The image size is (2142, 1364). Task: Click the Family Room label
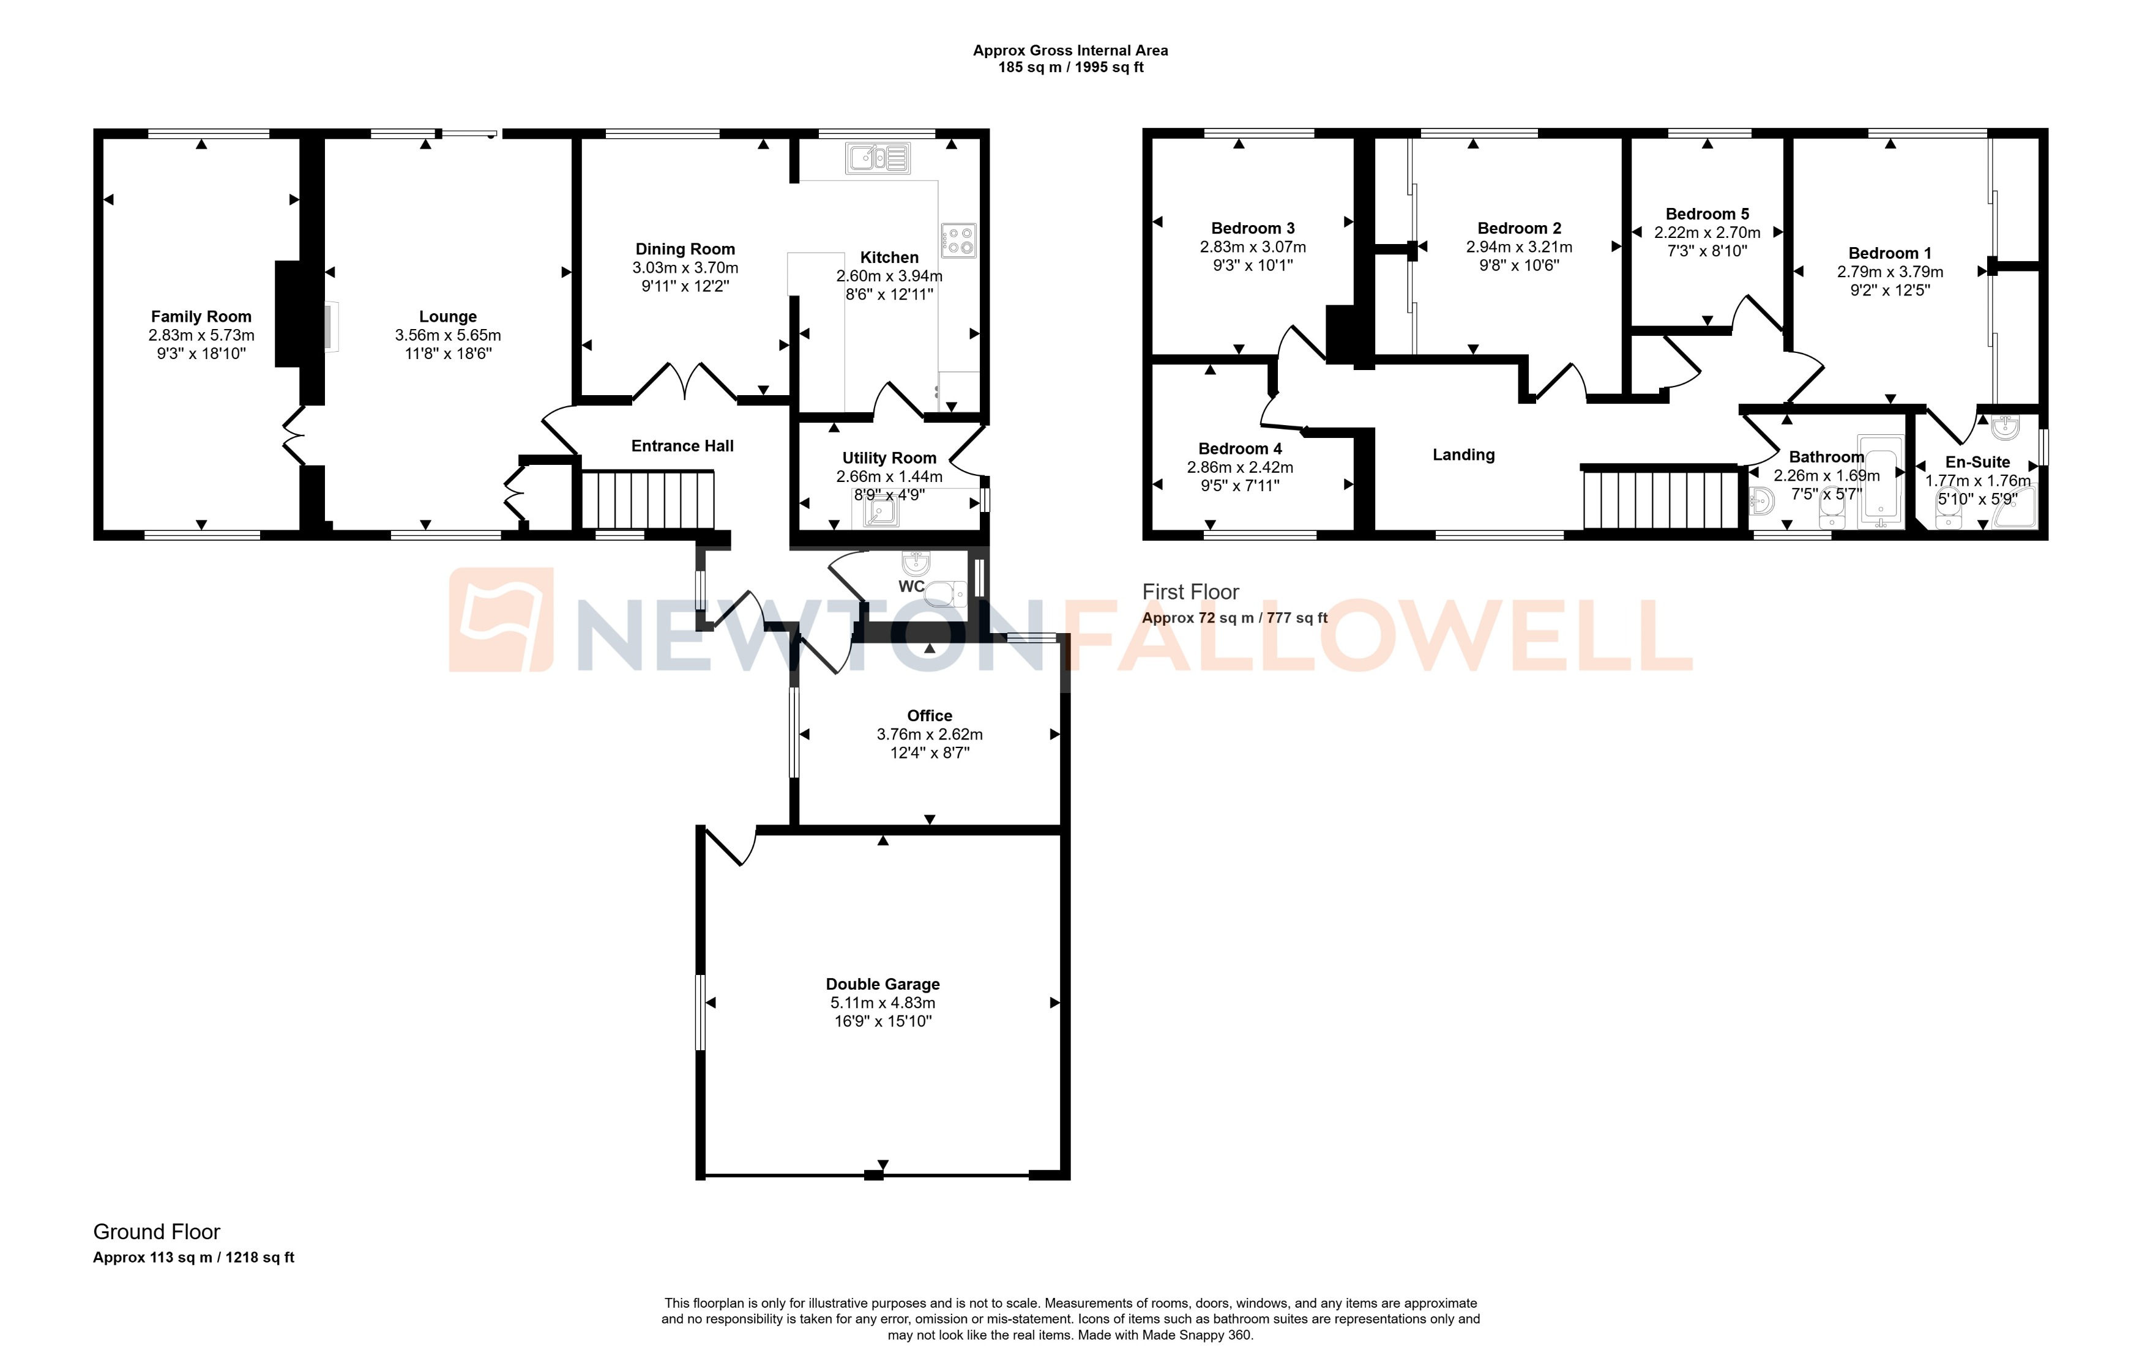point(201,317)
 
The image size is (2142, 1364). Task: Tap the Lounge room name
point(447,317)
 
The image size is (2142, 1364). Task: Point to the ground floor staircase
point(649,500)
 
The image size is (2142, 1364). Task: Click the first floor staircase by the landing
point(1660,500)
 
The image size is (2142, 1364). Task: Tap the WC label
point(911,587)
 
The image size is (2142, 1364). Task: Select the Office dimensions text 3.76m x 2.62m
point(930,735)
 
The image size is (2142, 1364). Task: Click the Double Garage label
point(883,984)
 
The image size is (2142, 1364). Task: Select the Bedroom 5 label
point(1707,214)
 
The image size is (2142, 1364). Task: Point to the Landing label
point(1463,455)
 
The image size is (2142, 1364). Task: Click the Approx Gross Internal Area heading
point(1070,51)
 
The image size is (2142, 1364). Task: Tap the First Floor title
point(1190,592)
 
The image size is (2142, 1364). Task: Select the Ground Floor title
point(157,1232)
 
